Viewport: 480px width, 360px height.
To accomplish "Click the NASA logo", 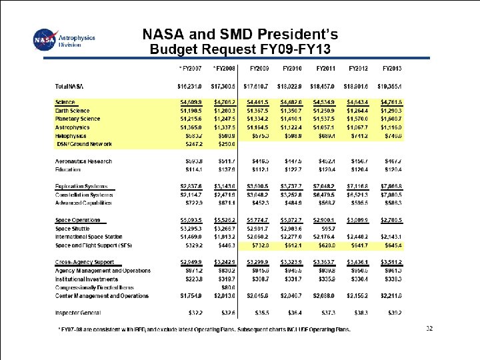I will click(45, 40).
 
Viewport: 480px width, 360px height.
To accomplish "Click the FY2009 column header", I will click(259, 68).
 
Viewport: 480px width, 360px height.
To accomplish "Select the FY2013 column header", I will click(391, 68).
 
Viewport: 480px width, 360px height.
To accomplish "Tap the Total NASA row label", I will click(74, 87).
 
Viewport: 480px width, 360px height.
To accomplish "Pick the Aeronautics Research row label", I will click(84, 161).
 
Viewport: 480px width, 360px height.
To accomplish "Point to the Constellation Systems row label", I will click(85, 194).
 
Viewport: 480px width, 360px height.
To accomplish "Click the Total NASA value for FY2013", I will click(391, 87).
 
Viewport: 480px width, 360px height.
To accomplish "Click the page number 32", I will click(429, 328).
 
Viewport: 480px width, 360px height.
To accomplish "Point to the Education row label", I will click(70, 169).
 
